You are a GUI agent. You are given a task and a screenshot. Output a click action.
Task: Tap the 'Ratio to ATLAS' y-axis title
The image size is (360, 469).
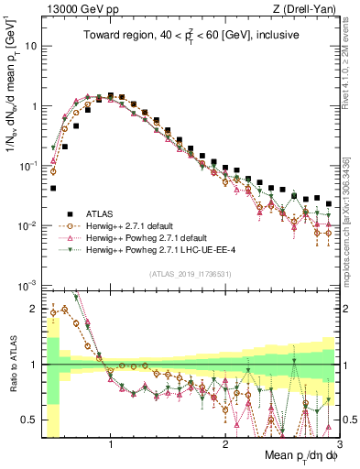(11, 365)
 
